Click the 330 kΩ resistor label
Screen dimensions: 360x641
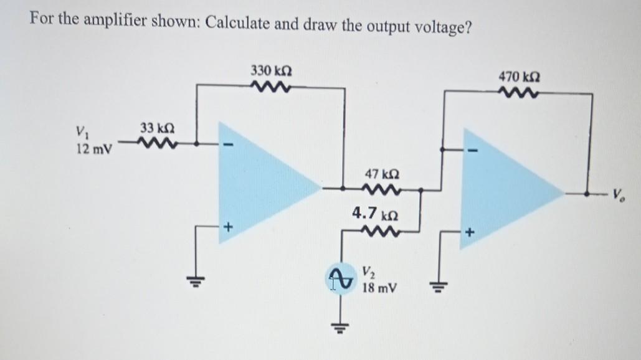pos(268,69)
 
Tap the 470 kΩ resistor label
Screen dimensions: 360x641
pos(520,77)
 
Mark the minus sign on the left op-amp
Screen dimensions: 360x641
pos(227,148)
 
